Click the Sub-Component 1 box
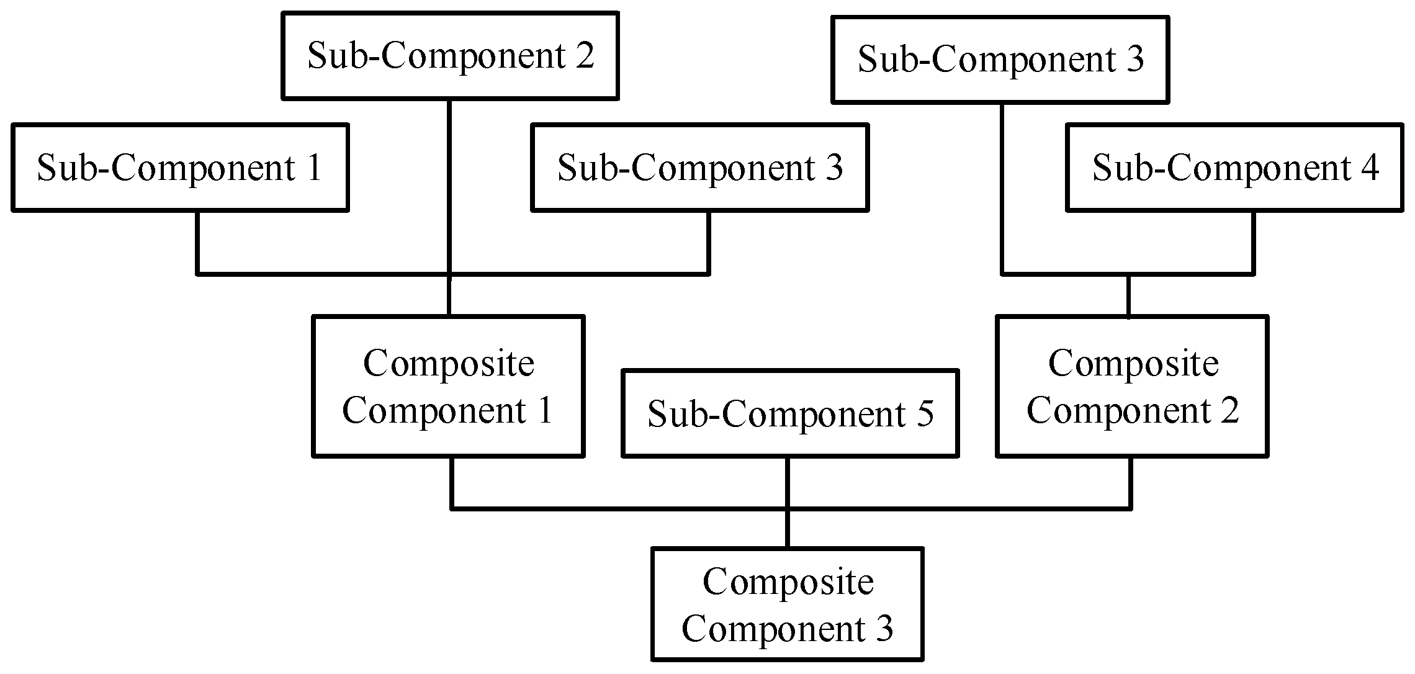(180, 168)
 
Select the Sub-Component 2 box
(450, 56)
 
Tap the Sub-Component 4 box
(1235, 168)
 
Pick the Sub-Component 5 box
(790, 413)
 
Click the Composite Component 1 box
(448, 387)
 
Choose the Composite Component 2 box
(1132, 387)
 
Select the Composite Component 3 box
(788, 604)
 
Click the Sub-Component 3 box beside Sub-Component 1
(699, 168)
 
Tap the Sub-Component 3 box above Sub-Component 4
(1000, 60)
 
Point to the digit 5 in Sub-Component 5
(925, 414)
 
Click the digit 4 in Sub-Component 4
(1370, 168)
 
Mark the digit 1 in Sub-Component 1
(314, 168)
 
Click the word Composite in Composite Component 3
(788, 582)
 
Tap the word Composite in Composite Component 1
(448, 363)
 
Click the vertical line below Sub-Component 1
(197, 242)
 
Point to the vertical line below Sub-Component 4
(1253, 242)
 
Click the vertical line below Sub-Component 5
(788, 482)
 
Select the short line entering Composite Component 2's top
(1128, 296)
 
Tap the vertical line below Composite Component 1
(452, 483)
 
